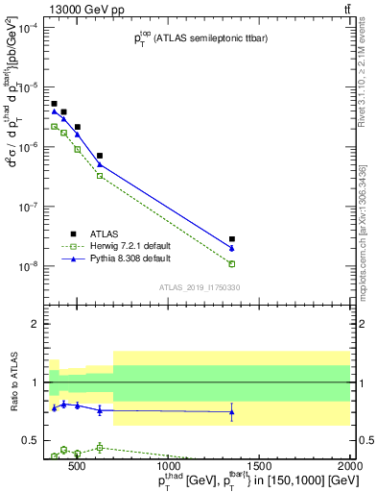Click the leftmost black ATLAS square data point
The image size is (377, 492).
tap(55, 104)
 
